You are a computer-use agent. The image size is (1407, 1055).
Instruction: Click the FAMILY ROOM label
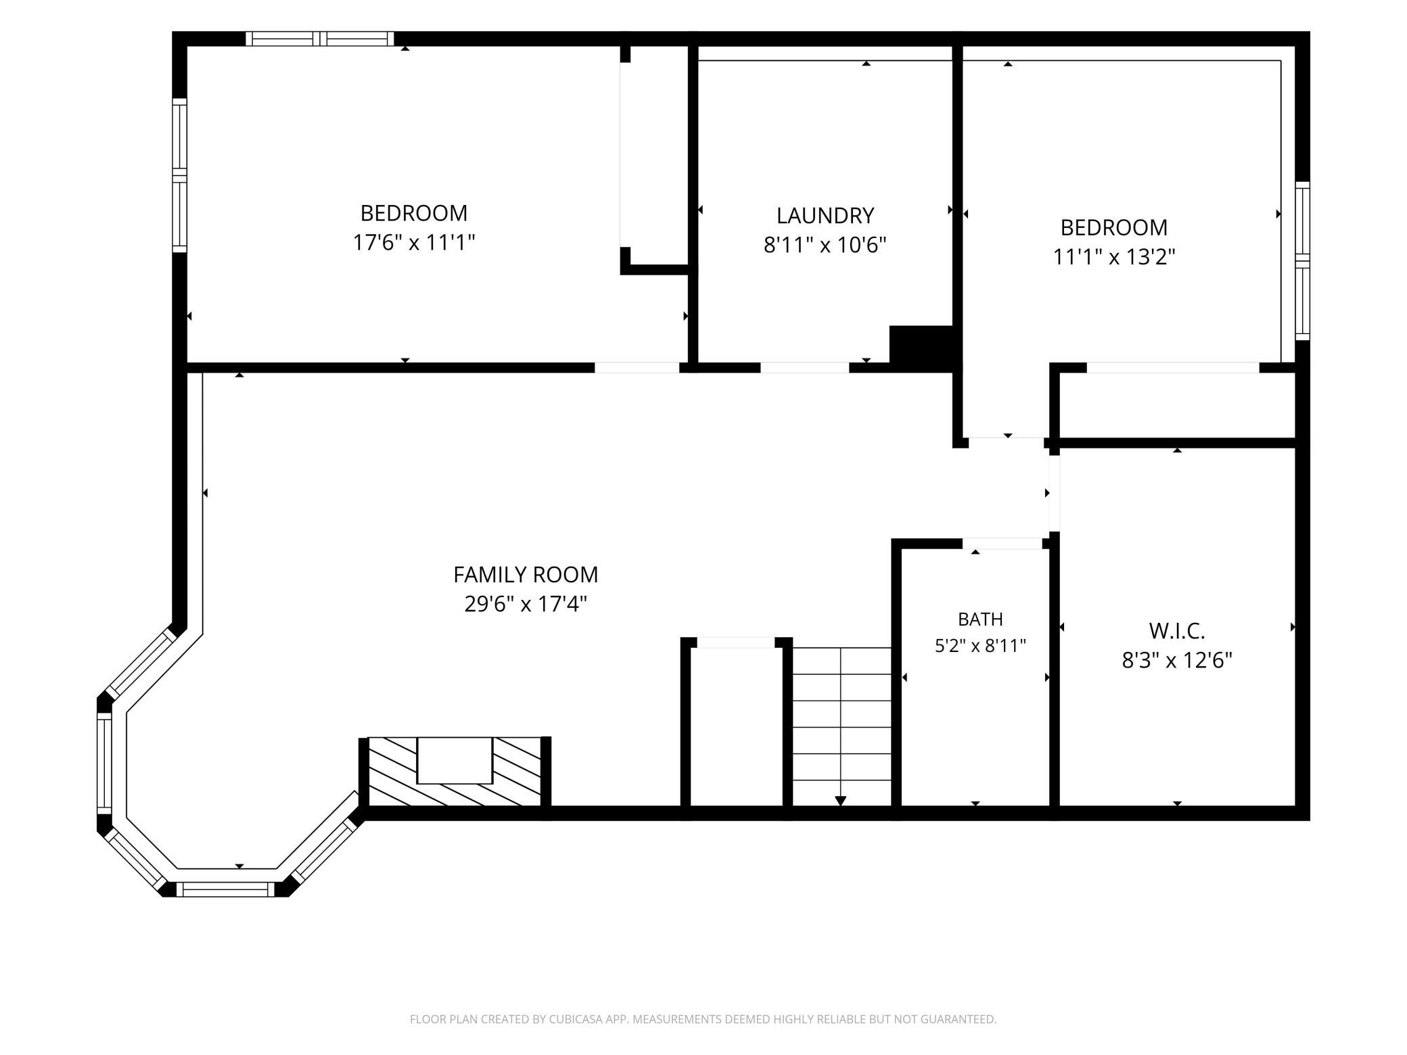(526, 574)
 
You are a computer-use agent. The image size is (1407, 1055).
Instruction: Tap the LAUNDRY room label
(825, 215)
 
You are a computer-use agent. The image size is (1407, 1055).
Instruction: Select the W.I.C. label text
(1177, 631)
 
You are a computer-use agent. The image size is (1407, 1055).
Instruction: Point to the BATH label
(980, 619)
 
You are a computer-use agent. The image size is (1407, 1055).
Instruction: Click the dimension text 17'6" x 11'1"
(414, 242)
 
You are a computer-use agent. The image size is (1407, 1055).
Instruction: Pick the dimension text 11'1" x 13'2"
(1114, 257)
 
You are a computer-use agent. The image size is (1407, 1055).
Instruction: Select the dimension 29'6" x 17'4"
(526, 603)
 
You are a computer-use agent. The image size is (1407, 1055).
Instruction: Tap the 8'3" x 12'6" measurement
(1177, 660)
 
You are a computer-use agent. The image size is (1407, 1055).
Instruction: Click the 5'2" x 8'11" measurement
(980, 646)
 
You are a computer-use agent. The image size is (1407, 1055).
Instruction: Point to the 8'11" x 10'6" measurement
(825, 244)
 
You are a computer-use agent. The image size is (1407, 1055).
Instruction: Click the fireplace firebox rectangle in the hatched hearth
(455, 760)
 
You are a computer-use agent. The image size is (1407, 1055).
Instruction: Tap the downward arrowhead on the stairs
(841, 801)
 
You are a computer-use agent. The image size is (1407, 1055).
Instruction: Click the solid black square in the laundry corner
(921, 348)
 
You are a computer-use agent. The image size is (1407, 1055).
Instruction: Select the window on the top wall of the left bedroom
(319, 39)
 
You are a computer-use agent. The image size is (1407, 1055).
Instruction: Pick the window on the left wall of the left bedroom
(179, 175)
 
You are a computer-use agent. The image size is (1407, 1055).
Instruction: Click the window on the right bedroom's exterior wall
(1302, 261)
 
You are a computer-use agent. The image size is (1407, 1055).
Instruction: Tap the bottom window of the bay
(226, 889)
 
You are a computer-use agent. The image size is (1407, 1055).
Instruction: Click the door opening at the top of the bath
(1002, 543)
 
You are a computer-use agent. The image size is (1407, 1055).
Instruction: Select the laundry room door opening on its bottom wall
(804, 368)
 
